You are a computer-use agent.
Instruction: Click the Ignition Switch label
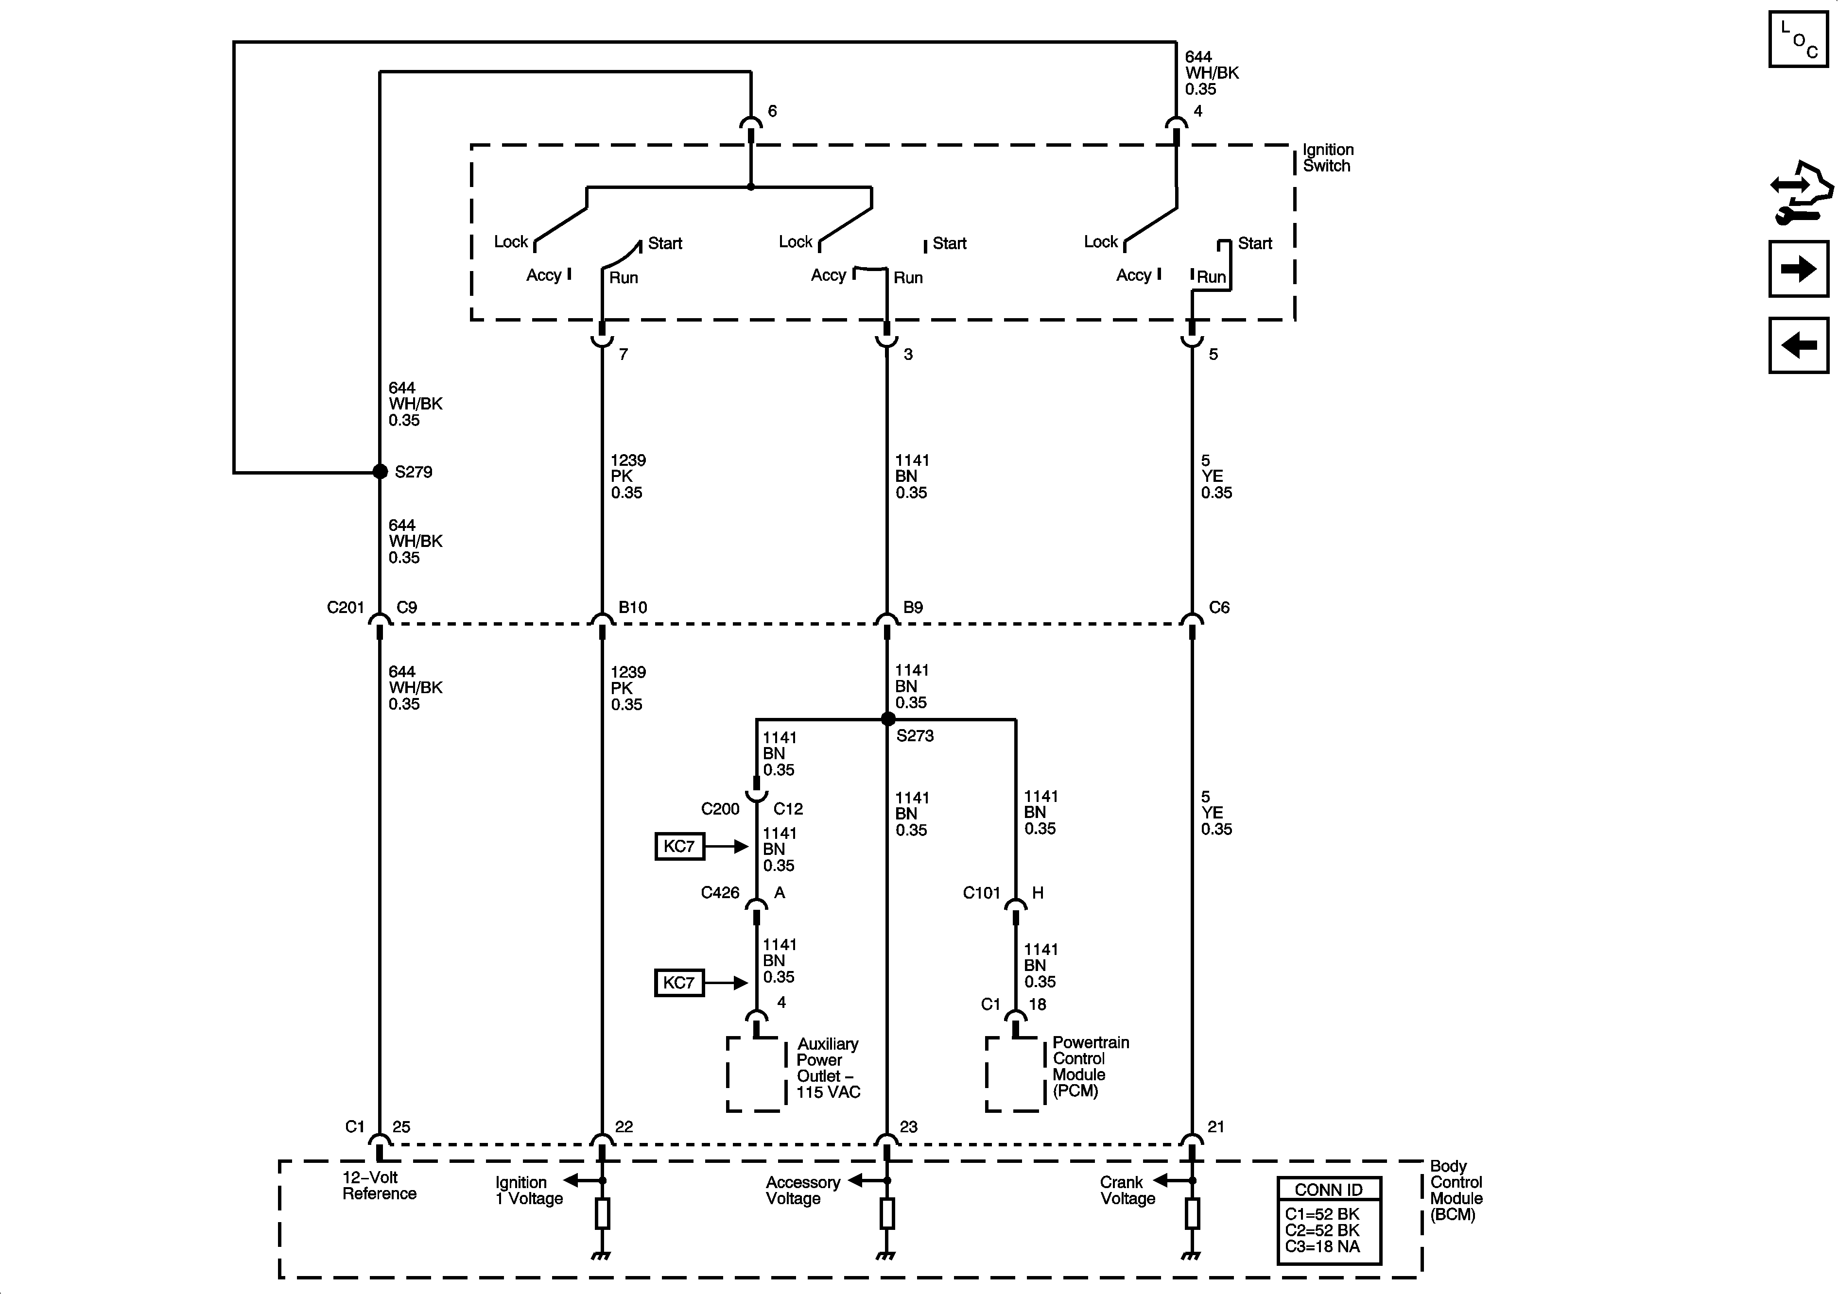1327,158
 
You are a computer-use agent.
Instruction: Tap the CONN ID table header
1328,1189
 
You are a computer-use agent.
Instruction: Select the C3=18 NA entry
1322,1246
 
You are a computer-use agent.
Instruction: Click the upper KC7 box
679,846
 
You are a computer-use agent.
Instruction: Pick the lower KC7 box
679,983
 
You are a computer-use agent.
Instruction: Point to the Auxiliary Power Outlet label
828,1068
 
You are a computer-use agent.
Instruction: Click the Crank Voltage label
1127,1190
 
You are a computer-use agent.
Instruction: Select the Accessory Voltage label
802,1190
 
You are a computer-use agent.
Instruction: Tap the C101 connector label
981,892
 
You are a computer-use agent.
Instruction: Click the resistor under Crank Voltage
1192,1213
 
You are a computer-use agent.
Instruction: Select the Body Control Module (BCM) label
1456,1190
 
